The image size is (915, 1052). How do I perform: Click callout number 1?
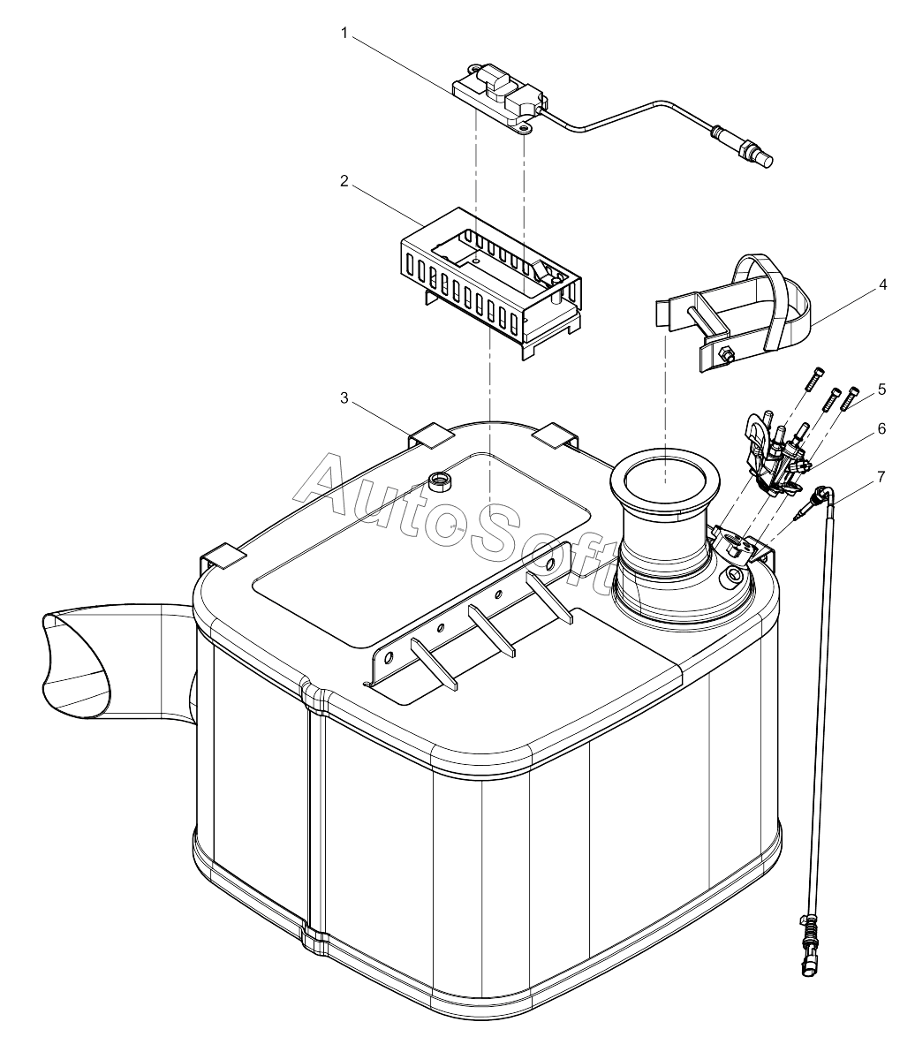pos(344,33)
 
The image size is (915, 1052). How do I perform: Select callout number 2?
pos(344,181)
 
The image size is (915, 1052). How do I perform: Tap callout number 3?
pos(344,398)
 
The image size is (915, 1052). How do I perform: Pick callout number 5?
pos(881,389)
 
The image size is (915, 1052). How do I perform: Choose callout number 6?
pos(881,428)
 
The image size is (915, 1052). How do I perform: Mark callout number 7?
pos(881,476)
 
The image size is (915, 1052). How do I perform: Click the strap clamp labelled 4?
pos(742,318)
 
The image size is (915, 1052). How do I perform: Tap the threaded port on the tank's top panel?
pos(438,481)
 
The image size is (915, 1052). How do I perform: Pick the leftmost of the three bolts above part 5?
pos(814,383)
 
